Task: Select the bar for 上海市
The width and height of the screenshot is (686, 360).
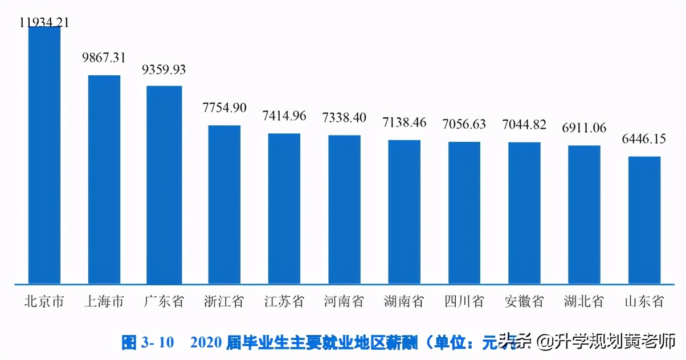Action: (104, 179)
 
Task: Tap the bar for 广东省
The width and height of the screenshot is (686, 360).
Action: (164, 185)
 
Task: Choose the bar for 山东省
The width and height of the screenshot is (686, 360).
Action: (644, 220)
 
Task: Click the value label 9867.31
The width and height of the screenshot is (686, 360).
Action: (104, 58)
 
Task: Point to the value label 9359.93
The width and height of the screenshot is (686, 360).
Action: (164, 69)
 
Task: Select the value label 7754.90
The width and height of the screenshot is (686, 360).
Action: (224, 108)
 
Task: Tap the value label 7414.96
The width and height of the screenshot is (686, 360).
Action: (284, 116)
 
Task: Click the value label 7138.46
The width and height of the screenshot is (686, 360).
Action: (405, 122)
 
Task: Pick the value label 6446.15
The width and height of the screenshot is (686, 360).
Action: (644, 139)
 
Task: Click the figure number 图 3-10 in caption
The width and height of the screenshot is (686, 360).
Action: (148, 342)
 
